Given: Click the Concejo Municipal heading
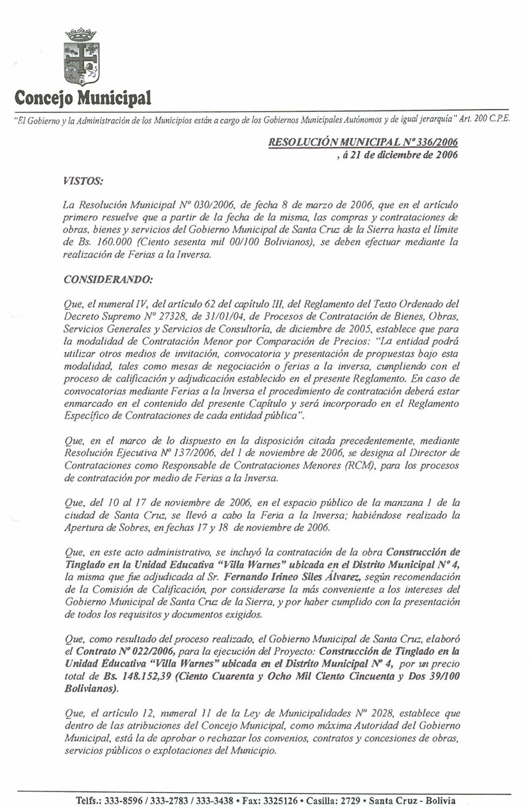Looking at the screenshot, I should pos(81,98).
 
